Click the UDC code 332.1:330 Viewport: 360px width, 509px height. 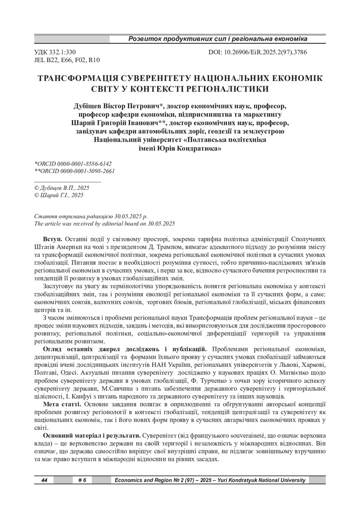click(x=54, y=52)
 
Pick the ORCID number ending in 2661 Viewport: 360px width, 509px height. click(x=74, y=170)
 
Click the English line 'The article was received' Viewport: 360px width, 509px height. click(x=104, y=224)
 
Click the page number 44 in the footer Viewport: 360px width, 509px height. click(x=44, y=480)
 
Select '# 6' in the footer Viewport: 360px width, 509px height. click(x=82, y=480)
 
